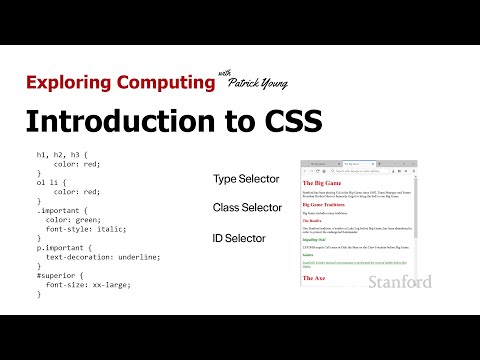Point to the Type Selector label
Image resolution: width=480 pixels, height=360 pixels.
tap(246, 179)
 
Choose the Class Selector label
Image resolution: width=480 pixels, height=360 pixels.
tap(247, 208)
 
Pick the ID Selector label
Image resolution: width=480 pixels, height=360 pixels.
tap(239, 238)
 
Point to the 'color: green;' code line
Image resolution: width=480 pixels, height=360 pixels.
tap(78, 220)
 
